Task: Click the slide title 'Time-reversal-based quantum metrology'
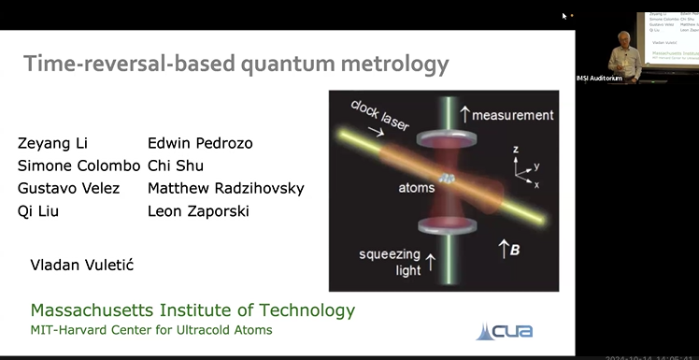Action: point(235,64)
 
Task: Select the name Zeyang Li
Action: point(45,143)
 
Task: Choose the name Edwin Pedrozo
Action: point(200,143)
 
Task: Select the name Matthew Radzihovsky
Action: point(225,188)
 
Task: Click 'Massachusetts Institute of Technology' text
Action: point(193,310)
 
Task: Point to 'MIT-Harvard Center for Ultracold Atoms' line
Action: point(152,330)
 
